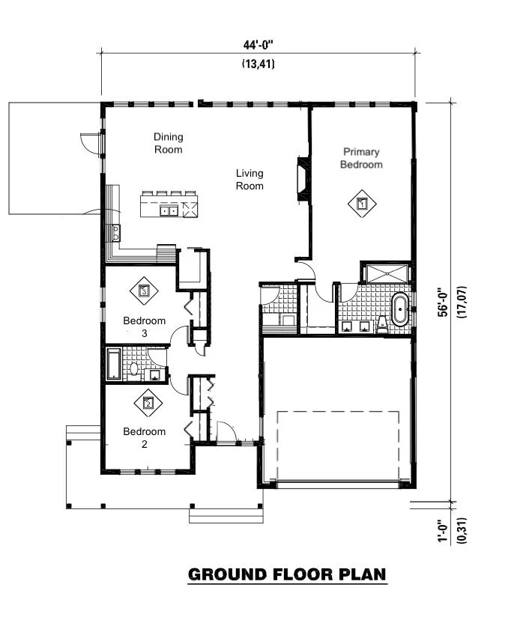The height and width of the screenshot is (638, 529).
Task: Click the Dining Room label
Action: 168,143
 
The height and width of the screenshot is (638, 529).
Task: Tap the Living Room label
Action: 250,180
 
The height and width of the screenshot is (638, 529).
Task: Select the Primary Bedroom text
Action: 361,158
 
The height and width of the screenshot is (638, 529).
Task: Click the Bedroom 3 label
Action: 144,326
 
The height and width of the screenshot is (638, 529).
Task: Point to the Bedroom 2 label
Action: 144,438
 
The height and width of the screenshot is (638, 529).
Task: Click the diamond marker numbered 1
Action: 362,203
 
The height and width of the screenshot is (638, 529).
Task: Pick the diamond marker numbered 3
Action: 144,291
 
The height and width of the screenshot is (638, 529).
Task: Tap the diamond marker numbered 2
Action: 148,403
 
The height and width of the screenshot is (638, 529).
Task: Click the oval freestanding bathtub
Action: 400,309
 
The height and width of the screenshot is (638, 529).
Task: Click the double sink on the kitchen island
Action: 169,210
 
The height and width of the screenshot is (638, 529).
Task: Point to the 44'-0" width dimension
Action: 258,45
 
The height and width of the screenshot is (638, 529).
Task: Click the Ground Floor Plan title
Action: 287,574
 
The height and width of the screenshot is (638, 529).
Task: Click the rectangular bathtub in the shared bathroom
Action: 113,364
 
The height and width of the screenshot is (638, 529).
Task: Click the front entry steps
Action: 226,515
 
